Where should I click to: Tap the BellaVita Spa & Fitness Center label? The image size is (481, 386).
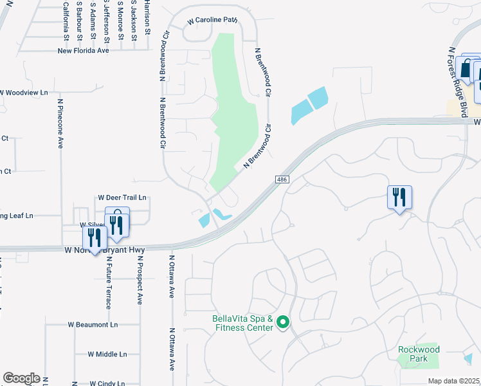243,323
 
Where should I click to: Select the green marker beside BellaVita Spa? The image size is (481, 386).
284,323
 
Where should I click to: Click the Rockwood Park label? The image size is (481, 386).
419,354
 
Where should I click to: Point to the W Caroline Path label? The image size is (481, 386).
213,21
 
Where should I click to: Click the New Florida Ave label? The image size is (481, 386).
84,50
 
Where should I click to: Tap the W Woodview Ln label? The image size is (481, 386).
24,93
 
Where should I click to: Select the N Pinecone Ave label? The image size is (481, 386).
61,124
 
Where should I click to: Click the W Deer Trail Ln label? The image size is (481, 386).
122,198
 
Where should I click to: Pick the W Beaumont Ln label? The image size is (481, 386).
93,325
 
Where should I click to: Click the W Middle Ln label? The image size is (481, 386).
107,354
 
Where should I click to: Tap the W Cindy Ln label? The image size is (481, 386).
107,383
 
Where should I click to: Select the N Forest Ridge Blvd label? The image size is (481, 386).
458,79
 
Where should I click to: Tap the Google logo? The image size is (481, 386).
21,378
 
